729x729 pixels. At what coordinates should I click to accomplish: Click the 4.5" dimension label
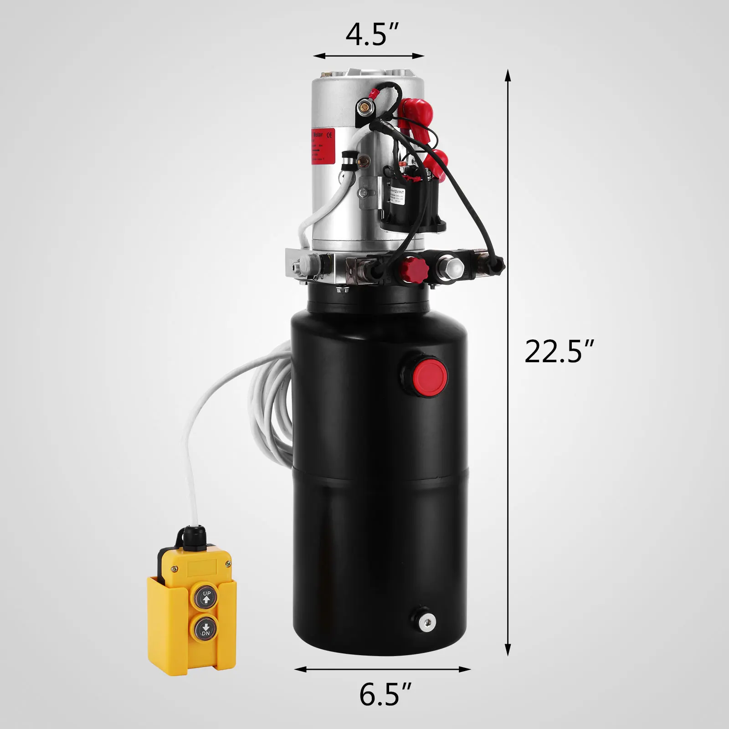click(x=372, y=34)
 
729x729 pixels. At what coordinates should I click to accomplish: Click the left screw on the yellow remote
click(x=174, y=568)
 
